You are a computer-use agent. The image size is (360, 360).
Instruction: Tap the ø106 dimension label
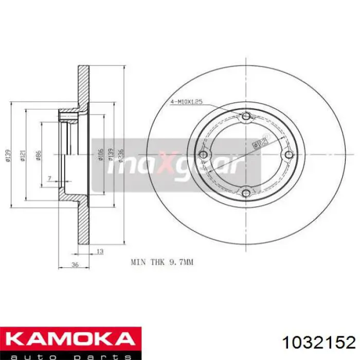tap(102, 154)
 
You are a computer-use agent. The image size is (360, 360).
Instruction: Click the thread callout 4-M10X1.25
tap(186, 102)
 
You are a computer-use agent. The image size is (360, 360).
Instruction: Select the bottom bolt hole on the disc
tap(246, 193)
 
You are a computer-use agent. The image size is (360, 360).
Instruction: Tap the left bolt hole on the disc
tap(204, 155)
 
